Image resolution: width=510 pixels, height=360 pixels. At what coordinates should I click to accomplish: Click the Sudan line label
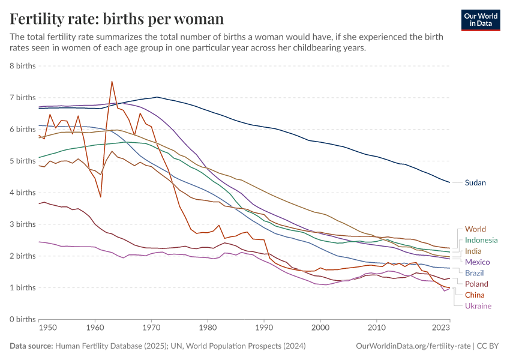(x=475, y=182)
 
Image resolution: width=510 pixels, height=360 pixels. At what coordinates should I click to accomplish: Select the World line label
(x=475, y=229)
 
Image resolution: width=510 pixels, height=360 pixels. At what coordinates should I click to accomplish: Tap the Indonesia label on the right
(x=481, y=240)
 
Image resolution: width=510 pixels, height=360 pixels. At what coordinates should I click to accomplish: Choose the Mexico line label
(x=478, y=262)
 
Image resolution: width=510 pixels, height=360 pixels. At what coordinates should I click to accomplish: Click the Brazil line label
(x=475, y=273)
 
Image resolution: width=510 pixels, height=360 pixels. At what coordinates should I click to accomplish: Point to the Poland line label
(x=476, y=284)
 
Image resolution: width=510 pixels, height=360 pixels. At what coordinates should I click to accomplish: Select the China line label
(x=475, y=295)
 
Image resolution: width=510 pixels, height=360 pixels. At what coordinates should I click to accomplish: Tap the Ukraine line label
(x=478, y=305)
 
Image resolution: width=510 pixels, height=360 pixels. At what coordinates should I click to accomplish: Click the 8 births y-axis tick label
(x=22, y=66)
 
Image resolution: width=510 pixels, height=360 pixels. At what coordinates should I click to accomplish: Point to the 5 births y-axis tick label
(x=22, y=161)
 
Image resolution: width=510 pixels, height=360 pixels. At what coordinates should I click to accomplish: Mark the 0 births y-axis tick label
(x=22, y=319)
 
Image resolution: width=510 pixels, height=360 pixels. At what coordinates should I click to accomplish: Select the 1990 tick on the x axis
(x=264, y=328)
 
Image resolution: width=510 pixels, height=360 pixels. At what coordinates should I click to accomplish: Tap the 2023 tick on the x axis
(x=441, y=328)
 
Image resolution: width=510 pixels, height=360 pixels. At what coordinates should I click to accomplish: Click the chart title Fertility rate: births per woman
(x=117, y=19)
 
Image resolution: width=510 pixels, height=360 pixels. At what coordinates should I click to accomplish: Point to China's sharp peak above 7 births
(x=112, y=82)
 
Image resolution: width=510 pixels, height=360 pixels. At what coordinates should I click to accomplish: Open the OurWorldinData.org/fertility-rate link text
(x=413, y=346)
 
